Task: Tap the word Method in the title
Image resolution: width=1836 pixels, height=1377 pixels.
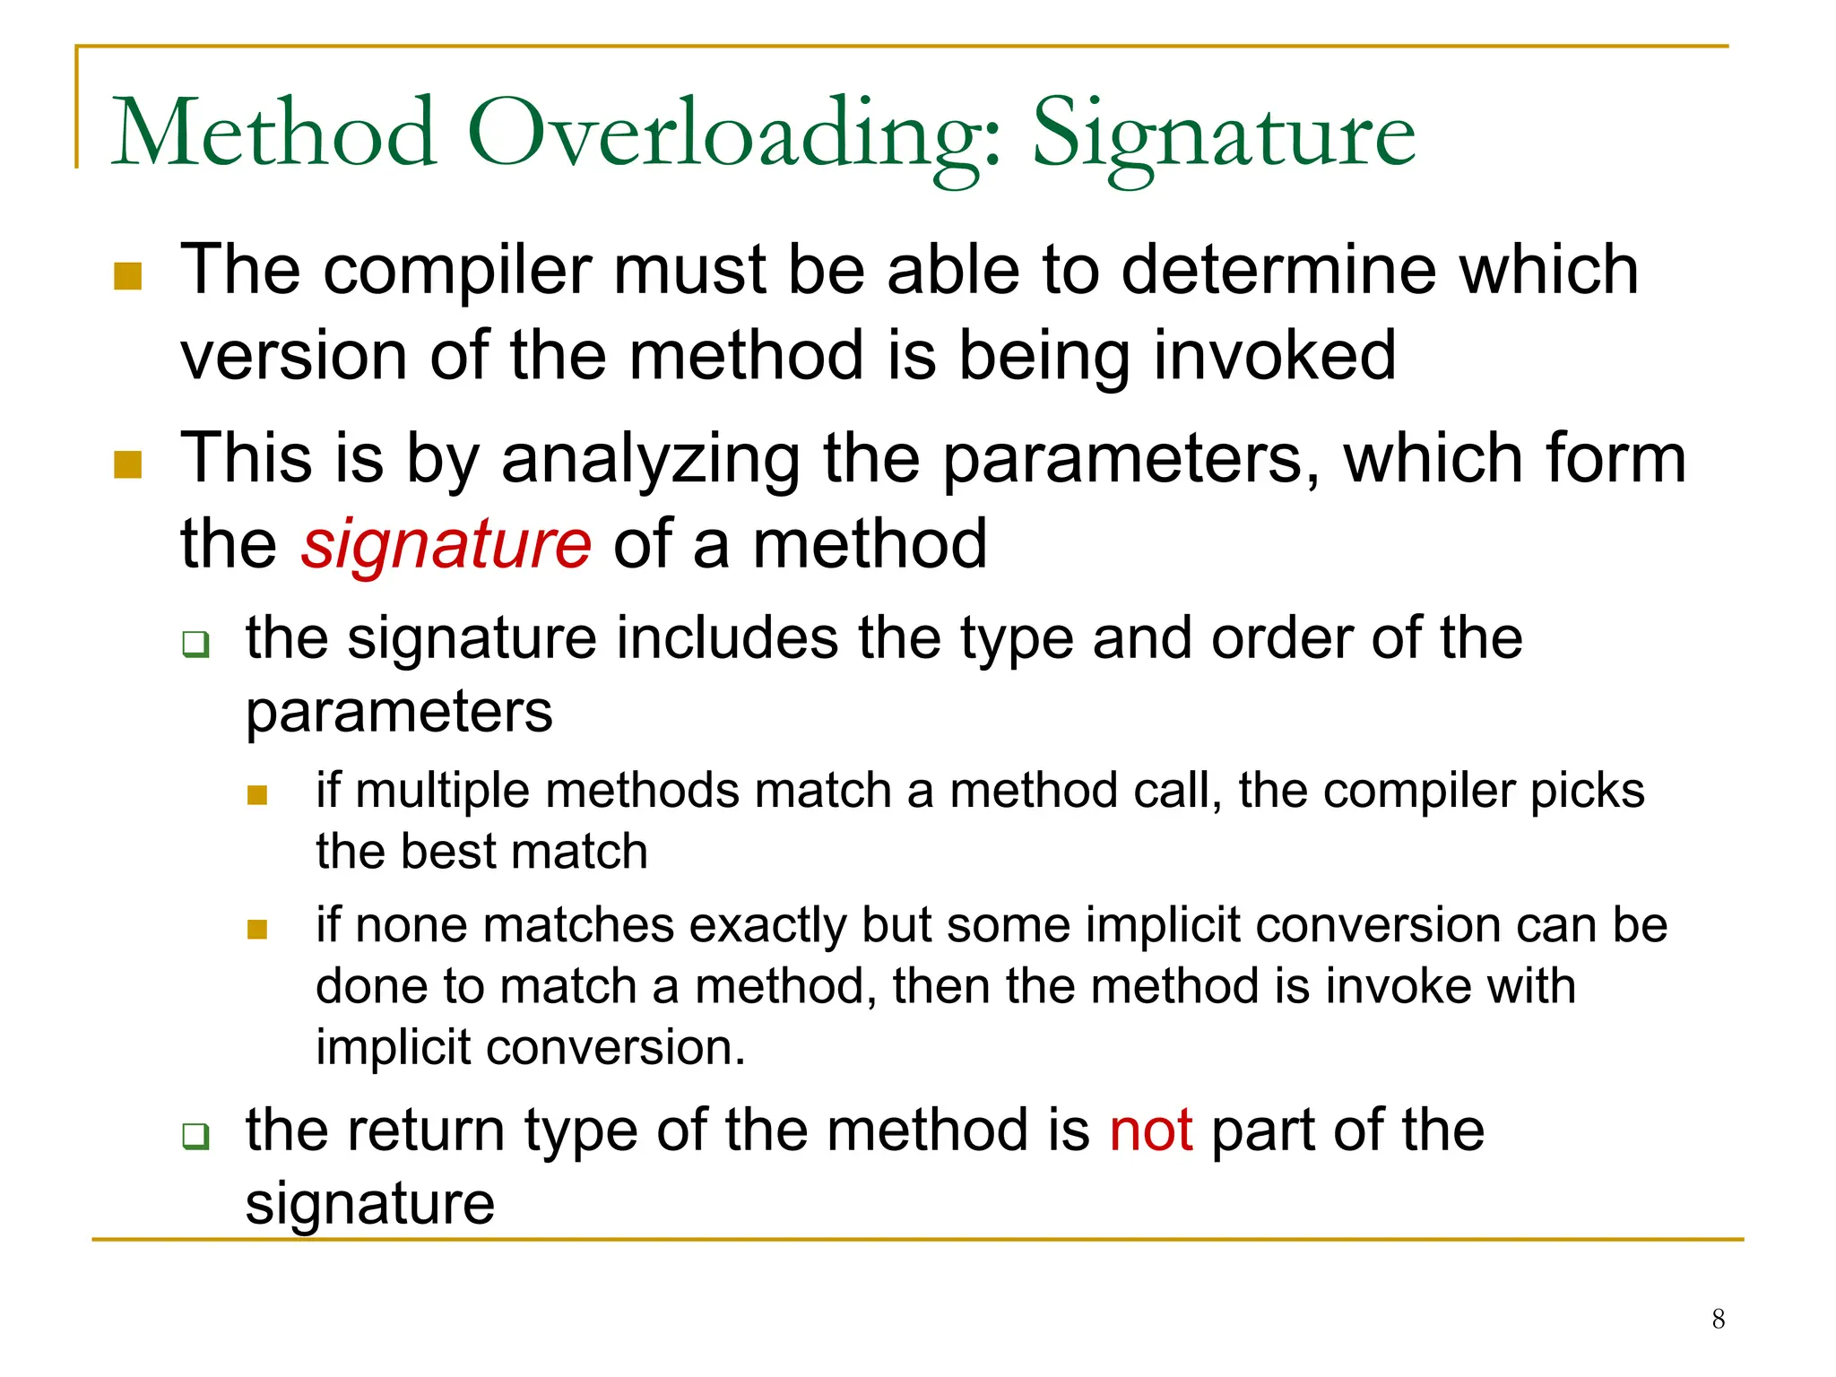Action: click(x=274, y=134)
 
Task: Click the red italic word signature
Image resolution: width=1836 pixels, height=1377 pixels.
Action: click(x=446, y=544)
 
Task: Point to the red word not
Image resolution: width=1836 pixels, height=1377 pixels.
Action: click(x=1150, y=1130)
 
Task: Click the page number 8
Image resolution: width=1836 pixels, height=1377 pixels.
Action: click(x=1718, y=1319)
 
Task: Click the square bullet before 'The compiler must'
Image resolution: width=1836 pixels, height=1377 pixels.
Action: click(x=128, y=276)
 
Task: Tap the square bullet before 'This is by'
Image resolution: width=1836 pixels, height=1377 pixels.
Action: click(x=128, y=464)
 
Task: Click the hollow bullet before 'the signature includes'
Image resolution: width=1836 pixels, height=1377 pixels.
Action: click(x=195, y=644)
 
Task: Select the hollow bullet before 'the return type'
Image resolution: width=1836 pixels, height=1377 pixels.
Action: click(x=195, y=1136)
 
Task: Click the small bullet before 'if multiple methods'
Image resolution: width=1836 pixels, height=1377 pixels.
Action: click(x=257, y=795)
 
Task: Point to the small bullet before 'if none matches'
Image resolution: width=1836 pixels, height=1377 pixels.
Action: click(x=257, y=929)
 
